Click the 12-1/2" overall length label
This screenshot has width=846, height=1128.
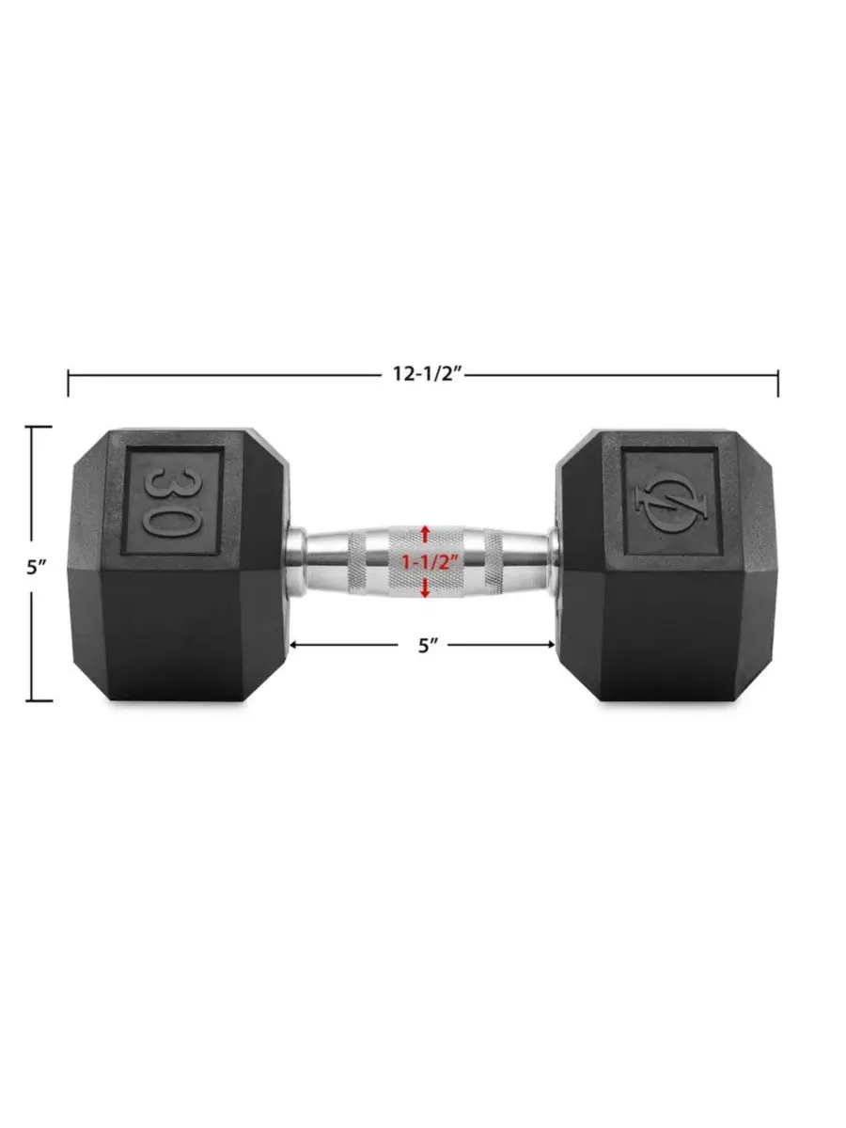[x=429, y=374]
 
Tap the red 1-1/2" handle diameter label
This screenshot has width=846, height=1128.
[x=425, y=562]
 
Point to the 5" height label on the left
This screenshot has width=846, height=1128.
[x=37, y=567]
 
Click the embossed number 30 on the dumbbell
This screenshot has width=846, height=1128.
[x=172, y=502]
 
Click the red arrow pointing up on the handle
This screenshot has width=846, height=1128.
[x=425, y=535]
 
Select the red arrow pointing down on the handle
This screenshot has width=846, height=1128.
[x=425, y=588]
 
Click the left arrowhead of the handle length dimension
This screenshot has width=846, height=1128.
[x=295, y=645]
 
